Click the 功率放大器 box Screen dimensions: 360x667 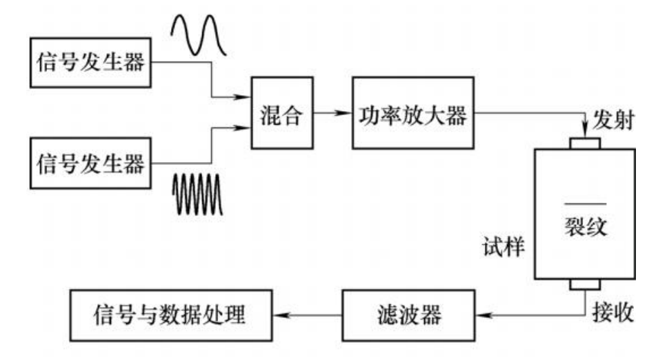(412, 114)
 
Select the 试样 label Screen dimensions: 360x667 (504, 246)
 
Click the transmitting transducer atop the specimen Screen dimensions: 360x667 (584, 143)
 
